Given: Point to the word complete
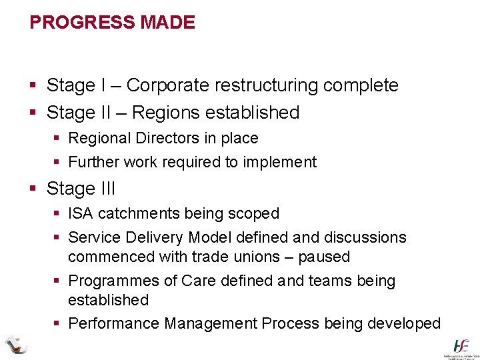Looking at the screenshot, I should (x=361, y=86).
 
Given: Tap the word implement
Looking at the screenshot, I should (x=280, y=162).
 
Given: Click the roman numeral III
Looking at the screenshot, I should (x=107, y=189).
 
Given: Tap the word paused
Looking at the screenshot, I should (x=325, y=257).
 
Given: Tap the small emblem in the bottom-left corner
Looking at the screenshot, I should (x=14, y=343).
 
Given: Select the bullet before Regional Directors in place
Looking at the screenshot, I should (x=57, y=139).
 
